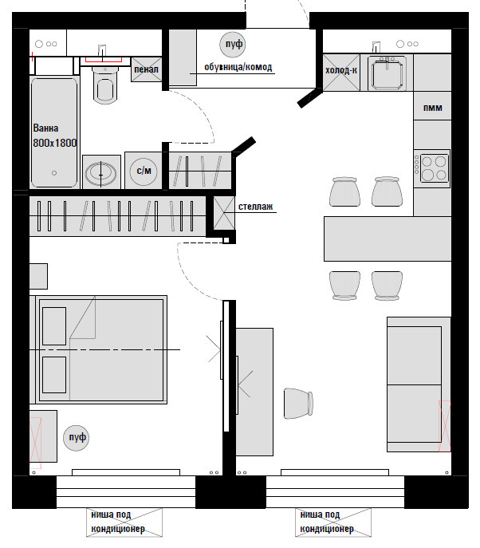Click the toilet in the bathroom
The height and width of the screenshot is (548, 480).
[x=105, y=85]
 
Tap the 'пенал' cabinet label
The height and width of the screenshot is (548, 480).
[x=147, y=69]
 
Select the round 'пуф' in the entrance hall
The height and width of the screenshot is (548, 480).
[x=233, y=44]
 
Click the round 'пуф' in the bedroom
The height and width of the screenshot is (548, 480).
[x=77, y=438]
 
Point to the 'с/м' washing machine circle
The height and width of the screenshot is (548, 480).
[x=144, y=171]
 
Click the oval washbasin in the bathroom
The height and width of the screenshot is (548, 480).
[x=101, y=173]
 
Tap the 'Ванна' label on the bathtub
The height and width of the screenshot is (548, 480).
[x=45, y=128]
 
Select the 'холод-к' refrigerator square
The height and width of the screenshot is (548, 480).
[x=341, y=73]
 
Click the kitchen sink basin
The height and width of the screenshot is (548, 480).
[x=387, y=73]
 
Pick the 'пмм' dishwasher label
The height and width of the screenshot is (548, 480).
[x=433, y=108]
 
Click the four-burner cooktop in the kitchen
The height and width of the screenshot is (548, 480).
[x=432, y=168]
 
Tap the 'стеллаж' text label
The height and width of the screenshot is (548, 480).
[x=255, y=207]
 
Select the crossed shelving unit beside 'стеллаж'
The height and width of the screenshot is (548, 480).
[x=224, y=213]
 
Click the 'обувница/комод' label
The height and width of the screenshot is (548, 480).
[x=238, y=67]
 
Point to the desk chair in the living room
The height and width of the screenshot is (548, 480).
[x=298, y=404]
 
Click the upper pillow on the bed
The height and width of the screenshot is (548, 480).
[x=54, y=326]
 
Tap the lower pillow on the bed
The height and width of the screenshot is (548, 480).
[x=54, y=375]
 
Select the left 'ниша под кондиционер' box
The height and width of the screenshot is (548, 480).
[x=124, y=522]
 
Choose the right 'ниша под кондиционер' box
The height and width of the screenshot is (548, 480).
[x=333, y=522]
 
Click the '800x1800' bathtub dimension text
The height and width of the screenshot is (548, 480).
[x=55, y=143]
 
